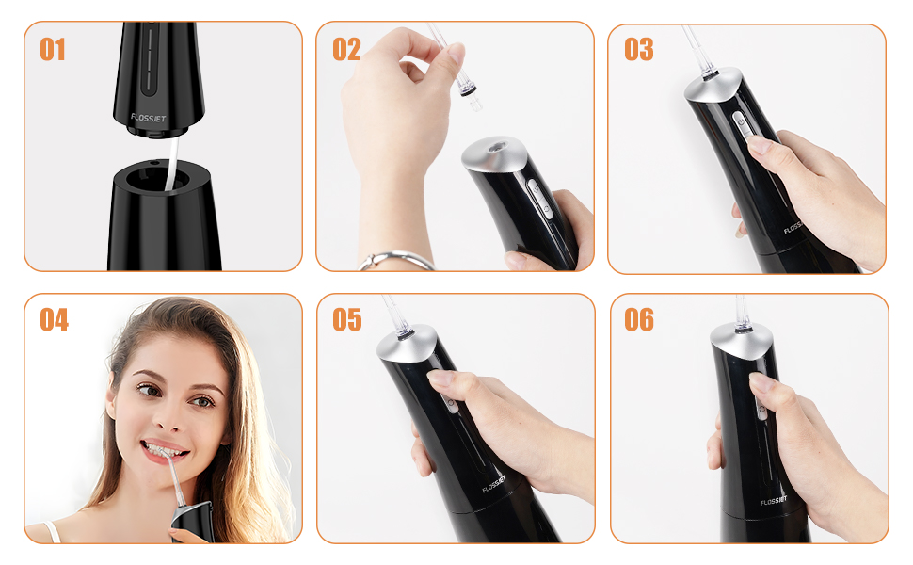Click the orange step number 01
[53, 50]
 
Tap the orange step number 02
[346, 50]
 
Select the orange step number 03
[639, 50]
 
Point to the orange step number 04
[54, 320]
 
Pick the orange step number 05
[347, 320]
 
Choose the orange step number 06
[639, 320]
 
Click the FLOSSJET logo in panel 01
[148, 118]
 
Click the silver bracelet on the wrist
[397, 260]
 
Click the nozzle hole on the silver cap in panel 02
[497, 147]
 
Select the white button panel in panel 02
[539, 198]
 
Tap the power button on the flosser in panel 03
[741, 121]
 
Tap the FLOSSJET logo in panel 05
[494, 485]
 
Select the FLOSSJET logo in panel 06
[774, 501]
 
